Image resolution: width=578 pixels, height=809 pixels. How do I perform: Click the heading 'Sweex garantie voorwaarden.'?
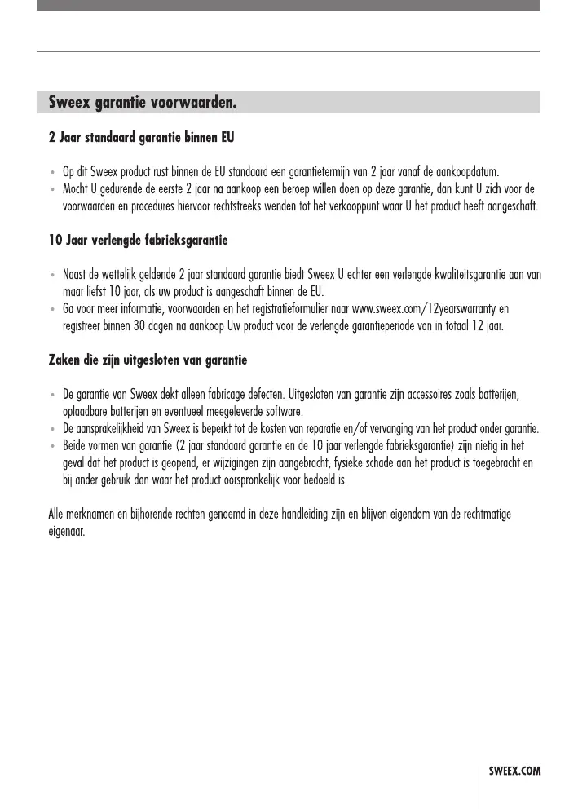pos(143,104)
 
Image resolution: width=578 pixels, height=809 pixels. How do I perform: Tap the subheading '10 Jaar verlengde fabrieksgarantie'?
pos(138,241)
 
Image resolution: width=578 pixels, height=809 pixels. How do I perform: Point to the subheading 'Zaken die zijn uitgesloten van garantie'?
pos(148,360)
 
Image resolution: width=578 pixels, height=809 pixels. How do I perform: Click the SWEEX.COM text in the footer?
pos(514,770)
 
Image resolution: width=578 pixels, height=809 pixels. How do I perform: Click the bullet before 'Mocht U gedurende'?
pos(53,189)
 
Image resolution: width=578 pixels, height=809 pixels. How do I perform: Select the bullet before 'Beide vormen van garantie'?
pos(53,446)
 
